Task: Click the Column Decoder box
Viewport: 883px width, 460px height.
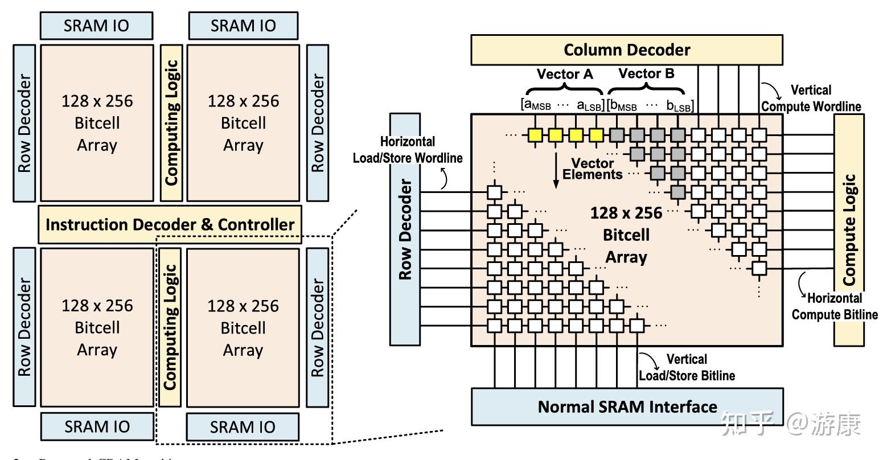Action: (x=627, y=50)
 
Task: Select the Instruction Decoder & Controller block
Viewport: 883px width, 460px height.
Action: (x=170, y=224)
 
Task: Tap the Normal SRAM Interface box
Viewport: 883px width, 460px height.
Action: (x=627, y=406)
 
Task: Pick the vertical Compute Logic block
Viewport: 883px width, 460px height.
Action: (x=849, y=229)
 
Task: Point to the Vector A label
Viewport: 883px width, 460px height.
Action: (x=565, y=74)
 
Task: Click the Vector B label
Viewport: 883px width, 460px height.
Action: (x=646, y=73)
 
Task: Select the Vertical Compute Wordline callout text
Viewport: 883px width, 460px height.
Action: (x=811, y=98)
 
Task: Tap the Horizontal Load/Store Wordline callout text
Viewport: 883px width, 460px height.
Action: (x=408, y=150)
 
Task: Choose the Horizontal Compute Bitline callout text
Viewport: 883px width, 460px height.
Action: (x=835, y=306)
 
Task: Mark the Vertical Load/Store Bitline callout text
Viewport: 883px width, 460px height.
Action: (x=687, y=367)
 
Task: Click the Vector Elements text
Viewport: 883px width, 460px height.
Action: (x=593, y=169)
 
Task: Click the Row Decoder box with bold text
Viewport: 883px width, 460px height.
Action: (x=405, y=229)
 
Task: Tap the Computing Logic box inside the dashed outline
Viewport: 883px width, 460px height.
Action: (x=170, y=327)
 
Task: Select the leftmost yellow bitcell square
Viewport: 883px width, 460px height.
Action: (x=535, y=135)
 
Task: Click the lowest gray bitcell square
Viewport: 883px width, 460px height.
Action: (x=677, y=192)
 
